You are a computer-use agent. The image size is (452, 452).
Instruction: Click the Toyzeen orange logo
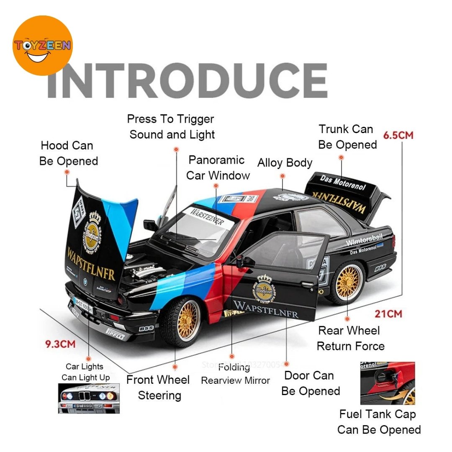pos(42,45)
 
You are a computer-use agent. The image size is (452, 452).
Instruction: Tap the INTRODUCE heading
pos(187,81)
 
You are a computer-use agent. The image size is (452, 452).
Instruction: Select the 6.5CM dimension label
pos(398,135)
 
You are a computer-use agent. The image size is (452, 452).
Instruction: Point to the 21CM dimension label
pos(388,313)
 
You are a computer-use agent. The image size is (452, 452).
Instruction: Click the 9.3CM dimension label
pos(61,344)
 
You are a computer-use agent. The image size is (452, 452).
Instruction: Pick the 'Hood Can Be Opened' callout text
pos(69,153)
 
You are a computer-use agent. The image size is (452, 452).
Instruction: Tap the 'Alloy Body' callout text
pos(285,162)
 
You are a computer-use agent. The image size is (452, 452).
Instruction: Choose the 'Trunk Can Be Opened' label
pos(347,137)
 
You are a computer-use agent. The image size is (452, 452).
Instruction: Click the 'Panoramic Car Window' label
pos(218,167)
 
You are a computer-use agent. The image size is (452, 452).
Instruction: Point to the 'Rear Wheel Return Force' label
pos(350,338)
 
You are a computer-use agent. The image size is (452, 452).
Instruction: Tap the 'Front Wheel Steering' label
pos(158,388)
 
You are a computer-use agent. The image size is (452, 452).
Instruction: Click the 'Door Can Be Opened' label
pos(310,383)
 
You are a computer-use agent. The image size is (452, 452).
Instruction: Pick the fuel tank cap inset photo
pos(388,383)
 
